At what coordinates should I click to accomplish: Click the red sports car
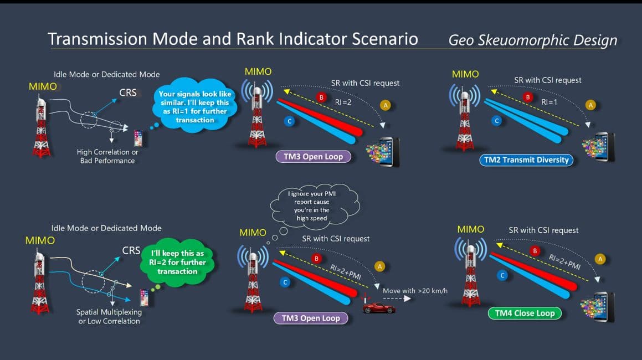click(x=379, y=308)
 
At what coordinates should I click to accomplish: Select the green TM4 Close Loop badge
click(x=525, y=313)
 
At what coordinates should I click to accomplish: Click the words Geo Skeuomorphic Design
click(x=532, y=40)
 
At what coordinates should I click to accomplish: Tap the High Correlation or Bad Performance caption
click(x=107, y=156)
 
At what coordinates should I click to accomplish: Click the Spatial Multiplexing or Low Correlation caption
click(x=109, y=316)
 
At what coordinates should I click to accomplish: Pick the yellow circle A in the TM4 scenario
click(x=599, y=259)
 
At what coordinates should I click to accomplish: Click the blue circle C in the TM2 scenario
click(x=497, y=120)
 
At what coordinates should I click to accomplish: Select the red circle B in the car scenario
click(x=317, y=258)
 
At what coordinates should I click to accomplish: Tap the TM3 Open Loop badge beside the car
click(x=310, y=318)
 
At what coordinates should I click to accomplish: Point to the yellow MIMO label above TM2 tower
click(x=465, y=74)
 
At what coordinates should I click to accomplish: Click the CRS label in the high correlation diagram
click(x=128, y=92)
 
